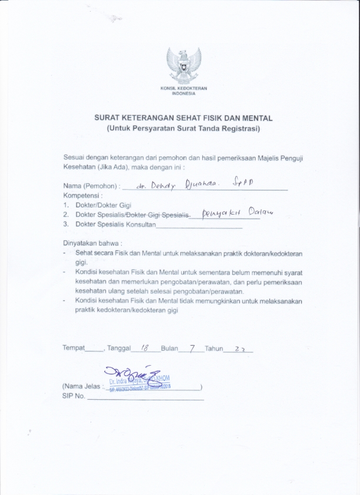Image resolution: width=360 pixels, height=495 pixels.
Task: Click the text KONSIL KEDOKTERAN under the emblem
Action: coord(184,88)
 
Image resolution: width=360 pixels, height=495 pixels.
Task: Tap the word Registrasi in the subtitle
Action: coord(238,128)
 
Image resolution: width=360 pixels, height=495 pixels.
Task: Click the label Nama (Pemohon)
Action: coord(91,186)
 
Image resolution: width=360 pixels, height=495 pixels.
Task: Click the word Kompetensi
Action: coord(83,195)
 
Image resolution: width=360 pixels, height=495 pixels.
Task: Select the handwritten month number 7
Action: coord(192,347)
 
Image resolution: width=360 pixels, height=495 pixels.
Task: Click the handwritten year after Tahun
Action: coord(239,348)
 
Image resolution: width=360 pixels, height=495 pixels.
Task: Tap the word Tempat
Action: coord(74,349)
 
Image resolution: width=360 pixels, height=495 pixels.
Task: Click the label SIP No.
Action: coord(74,396)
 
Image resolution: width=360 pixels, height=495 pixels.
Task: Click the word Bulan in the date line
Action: coord(169,349)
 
